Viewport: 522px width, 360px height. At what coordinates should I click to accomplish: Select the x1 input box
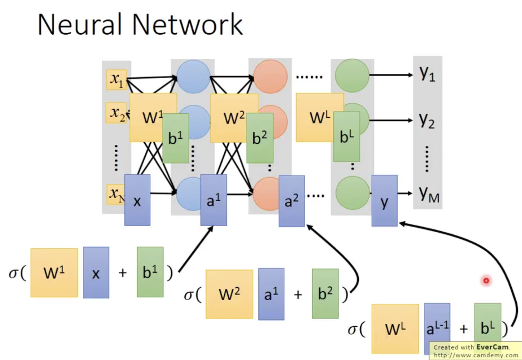[116, 80]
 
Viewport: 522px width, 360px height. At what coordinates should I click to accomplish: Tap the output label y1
[427, 74]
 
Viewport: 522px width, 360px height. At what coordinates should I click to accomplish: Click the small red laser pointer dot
[486, 280]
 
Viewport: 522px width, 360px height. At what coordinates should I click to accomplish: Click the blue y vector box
[384, 200]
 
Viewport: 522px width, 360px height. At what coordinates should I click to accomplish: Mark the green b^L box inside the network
[347, 136]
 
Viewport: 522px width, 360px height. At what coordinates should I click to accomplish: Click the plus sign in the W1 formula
[123, 273]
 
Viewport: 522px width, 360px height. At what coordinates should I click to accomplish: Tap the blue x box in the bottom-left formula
[96, 272]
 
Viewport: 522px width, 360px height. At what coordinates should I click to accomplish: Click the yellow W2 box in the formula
[229, 294]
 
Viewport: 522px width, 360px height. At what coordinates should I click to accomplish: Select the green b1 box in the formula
[150, 272]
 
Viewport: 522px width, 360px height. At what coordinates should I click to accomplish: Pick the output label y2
[427, 121]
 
